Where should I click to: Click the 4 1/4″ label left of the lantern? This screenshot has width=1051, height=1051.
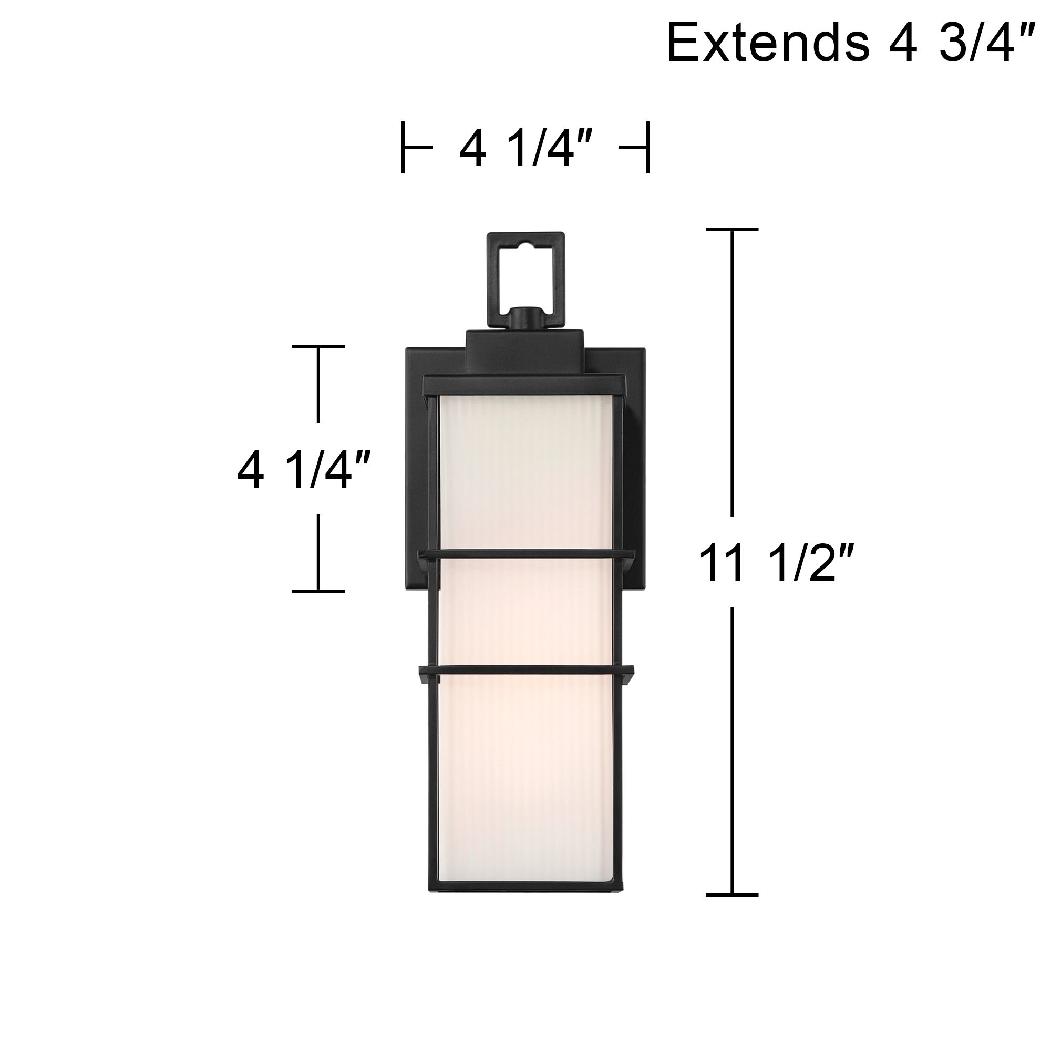(305, 469)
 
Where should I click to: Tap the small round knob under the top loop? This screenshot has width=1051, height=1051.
(525, 318)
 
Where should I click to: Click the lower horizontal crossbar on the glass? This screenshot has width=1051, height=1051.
(525, 669)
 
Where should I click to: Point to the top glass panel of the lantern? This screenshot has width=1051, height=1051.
(525, 473)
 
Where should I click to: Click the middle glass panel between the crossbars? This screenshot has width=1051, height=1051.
(525, 612)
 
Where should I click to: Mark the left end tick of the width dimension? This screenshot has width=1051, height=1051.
(403, 148)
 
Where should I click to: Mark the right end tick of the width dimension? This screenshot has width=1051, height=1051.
(647, 148)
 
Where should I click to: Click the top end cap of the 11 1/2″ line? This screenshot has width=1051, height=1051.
(731, 230)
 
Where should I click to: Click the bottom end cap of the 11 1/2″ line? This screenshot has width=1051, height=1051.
(731, 895)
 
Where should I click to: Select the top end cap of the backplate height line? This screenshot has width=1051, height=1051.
(318, 346)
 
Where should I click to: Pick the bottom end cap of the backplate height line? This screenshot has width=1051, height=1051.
(318, 591)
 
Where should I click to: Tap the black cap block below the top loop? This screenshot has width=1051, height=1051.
(525, 348)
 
